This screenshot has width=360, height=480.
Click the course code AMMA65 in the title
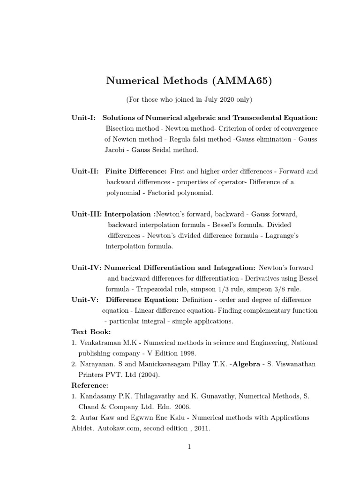(241, 81)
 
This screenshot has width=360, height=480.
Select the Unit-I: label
(83, 118)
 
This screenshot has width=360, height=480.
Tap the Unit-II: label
(85, 171)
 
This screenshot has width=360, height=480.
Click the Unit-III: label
(87, 214)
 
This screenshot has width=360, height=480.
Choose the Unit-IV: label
(86, 268)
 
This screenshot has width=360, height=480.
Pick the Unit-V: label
(84, 300)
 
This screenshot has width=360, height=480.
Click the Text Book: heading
(91, 332)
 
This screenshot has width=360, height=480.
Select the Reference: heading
(90, 385)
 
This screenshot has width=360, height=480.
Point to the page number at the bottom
(189, 447)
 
